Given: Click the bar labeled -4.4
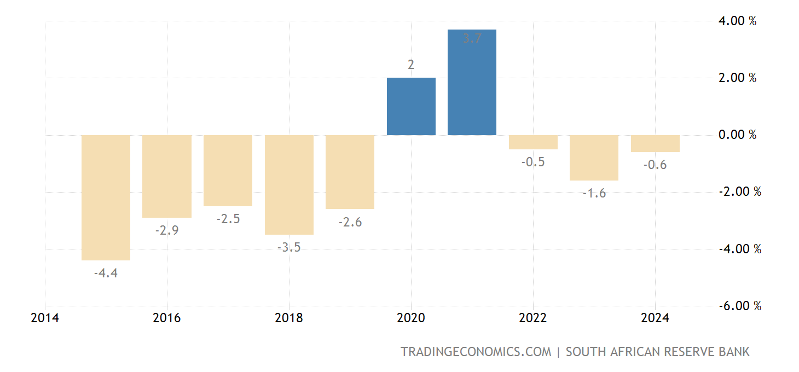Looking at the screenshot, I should tap(106, 197).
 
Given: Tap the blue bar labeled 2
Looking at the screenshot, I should tap(411, 106).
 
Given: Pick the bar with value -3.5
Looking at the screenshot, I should tap(289, 184).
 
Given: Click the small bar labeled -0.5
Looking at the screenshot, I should tap(533, 142).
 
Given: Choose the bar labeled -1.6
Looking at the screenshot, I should tap(594, 158).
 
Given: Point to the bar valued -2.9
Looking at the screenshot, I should tap(167, 176).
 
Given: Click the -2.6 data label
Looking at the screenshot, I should tap(350, 222).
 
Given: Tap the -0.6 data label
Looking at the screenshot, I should tap(655, 165).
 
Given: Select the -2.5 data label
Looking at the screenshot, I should tap(228, 219).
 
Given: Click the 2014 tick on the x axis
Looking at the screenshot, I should tap(45, 318).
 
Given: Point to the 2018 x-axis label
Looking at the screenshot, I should tap(289, 318).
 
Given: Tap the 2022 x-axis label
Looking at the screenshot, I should tap(533, 318).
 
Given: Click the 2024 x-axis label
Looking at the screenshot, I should tap(655, 318).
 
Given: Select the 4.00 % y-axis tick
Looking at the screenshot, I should tap(737, 21).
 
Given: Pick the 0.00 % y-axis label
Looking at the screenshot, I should tap(737, 135).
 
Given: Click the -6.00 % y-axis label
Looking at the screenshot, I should tap(739, 306).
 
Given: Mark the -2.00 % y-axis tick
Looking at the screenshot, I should tap(739, 192).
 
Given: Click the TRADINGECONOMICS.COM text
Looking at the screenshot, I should tap(476, 352).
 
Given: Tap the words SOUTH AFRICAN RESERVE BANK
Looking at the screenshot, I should tap(657, 352).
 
